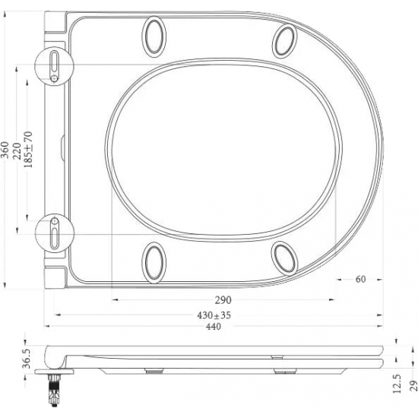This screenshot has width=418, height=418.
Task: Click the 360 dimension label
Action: click(x=5, y=148)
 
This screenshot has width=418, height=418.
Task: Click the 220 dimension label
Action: click(x=17, y=148)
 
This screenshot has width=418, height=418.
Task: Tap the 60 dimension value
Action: click(x=360, y=279)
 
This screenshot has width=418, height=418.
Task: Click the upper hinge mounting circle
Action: click(x=55, y=65)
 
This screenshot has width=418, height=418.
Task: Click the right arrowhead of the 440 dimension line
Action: click(x=379, y=328)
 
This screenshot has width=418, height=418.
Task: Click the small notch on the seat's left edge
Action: click(x=60, y=145)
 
